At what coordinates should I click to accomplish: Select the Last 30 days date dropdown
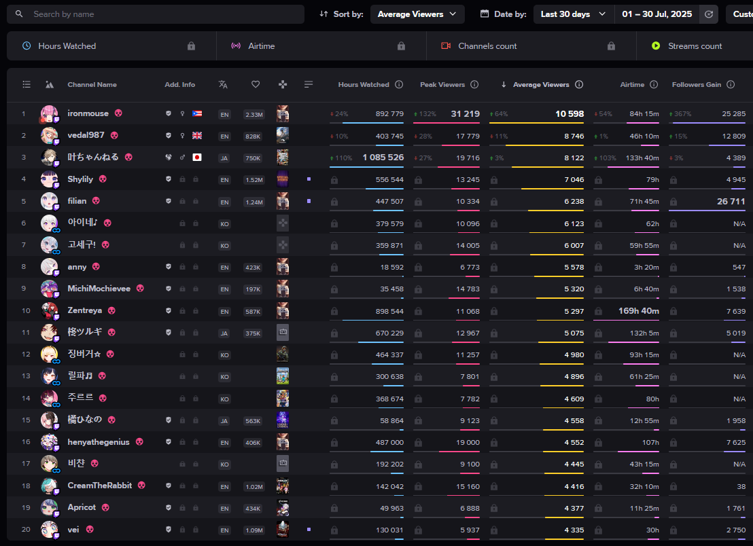pyautogui.click(x=573, y=14)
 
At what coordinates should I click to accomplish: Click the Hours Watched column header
pyautogui.click(x=364, y=85)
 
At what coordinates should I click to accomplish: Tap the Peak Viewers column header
pyautogui.click(x=442, y=85)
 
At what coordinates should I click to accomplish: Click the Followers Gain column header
pyautogui.click(x=697, y=85)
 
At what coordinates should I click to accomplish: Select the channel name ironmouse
pyautogui.click(x=88, y=113)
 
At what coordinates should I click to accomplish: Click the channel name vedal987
pyautogui.click(x=86, y=135)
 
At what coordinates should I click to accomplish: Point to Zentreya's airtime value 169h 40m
pyautogui.click(x=639, y=311)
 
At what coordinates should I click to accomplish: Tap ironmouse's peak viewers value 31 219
pyautogui.click(x=465, y=113)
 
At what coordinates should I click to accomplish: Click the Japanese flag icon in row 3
pyautogui.click(x=197, y=157)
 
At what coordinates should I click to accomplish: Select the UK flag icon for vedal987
pyautogui.click(x=197, y=135)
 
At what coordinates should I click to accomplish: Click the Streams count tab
pyautogui.click(x=695, y=46)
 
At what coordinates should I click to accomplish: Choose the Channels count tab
pyautogui.click(x=487, y=46)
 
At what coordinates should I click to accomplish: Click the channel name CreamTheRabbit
pyautogui.click(x=100, y=486)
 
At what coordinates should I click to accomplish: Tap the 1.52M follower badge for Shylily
pyautogui.click(x=253, y=179)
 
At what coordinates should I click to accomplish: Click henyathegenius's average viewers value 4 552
pyautogui.click(x=574, y=442)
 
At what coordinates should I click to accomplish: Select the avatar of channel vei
pyautogui.click(x=49, y=529)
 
